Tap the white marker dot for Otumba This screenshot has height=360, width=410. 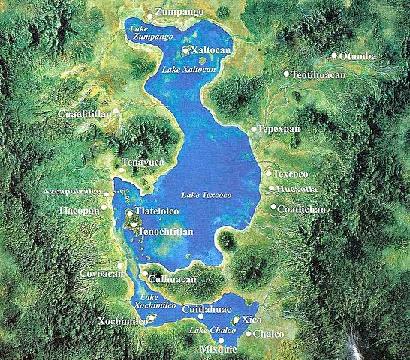coord(334,55)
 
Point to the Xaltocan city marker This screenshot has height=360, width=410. coord(185,51)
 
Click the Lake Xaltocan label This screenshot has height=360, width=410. coord(185,68)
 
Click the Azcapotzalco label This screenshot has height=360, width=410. coord(72,193)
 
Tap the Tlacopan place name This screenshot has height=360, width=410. coord(79,211)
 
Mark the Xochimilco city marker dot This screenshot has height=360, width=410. coord(152,318)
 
